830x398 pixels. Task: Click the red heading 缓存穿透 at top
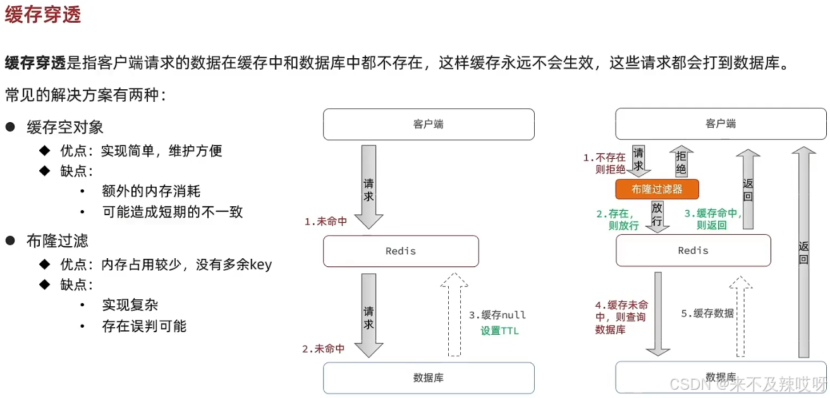[43, 15]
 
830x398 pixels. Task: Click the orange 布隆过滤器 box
[657, 189]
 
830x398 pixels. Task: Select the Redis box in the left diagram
[401, 251]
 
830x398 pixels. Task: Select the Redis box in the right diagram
[693, 251]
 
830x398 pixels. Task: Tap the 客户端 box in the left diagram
[429, 124]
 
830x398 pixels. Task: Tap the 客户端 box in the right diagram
[721, 124]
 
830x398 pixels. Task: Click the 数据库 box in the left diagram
[429, 378]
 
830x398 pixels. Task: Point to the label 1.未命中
[325, 221]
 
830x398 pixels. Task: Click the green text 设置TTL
[499, 330]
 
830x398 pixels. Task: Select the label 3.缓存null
[497, 315]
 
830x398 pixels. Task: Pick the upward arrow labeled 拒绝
[681, 161]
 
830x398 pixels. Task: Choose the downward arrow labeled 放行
[657, 215]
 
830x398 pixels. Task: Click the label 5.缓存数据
[707, 313]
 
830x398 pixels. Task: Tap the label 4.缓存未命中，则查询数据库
[612, 316]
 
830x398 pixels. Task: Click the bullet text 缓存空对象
[64, 127]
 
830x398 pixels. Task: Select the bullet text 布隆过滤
[57, 240]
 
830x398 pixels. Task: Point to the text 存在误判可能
[144, 326]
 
